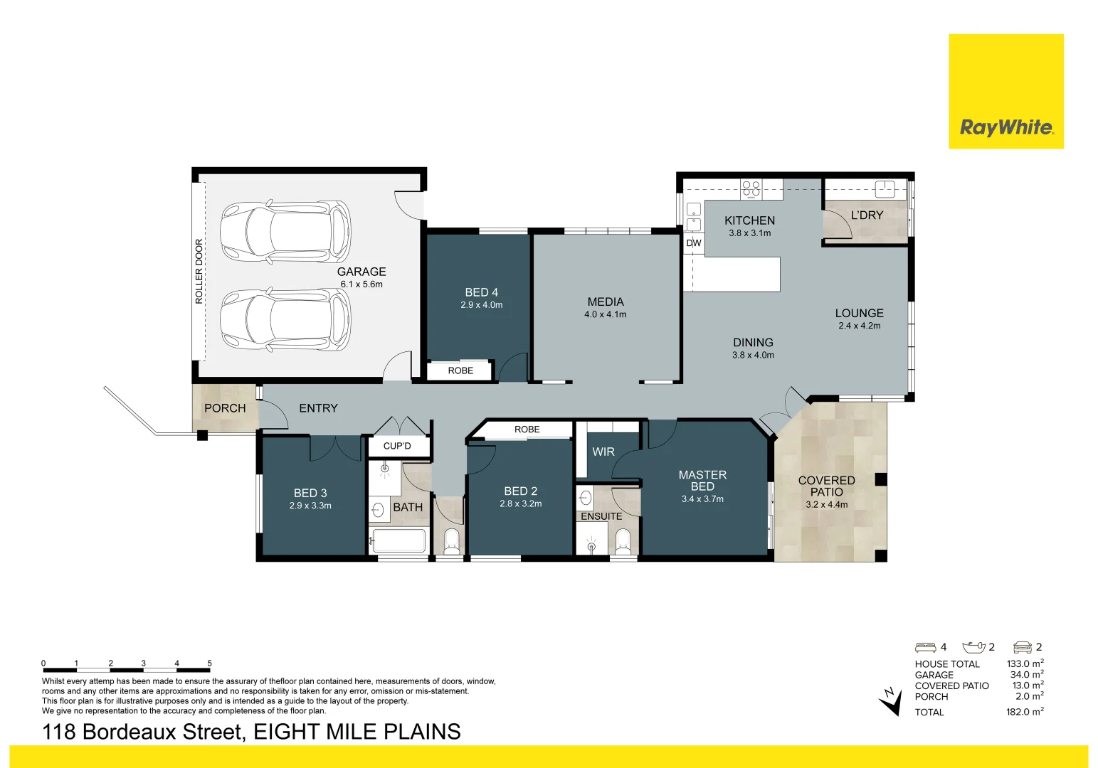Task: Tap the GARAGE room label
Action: click(361, 272)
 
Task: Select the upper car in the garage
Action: click(285, 232)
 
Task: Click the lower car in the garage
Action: click(285, 320)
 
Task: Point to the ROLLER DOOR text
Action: click(199, 272)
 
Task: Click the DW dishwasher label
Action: click(694, 243)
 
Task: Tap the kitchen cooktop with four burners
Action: click(751, 188)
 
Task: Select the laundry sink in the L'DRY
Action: click(885, 188)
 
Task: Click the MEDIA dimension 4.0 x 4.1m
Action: click(606, 314)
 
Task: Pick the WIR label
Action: click(603, 452)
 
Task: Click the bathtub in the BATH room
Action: click(399, 541)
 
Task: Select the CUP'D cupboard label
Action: click(397, 446)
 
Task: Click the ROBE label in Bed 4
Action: click(460, 370)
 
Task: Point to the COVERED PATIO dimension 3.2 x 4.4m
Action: click(827, 505)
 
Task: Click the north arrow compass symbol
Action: click(890, 701)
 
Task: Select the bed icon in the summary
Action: click(925, 647)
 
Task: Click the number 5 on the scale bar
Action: click(209, 663)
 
